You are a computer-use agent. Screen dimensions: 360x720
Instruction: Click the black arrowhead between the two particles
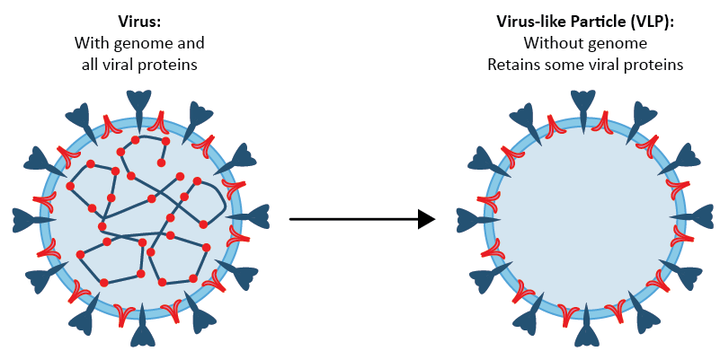coord(427,218)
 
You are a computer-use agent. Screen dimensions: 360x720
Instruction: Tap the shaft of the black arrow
coord(350,218)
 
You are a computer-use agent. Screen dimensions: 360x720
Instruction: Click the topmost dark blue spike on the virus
coord(140,102)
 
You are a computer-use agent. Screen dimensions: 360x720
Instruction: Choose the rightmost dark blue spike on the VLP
coord(697,214)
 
